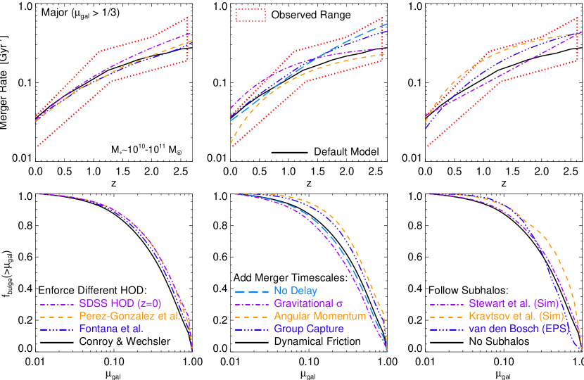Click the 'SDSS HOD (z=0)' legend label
120,304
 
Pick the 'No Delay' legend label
295,291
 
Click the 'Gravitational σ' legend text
307,303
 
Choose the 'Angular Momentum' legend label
320,317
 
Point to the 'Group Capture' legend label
309,329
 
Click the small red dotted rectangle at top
250,15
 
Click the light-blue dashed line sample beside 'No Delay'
251,291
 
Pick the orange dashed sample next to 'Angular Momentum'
251,317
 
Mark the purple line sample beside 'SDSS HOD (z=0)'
57,304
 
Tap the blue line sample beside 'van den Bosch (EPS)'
446,329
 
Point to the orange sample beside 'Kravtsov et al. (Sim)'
446,317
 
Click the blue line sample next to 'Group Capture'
251,329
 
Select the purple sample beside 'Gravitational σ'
251,303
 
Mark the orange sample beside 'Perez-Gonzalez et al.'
57,317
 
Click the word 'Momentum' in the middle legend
341,317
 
